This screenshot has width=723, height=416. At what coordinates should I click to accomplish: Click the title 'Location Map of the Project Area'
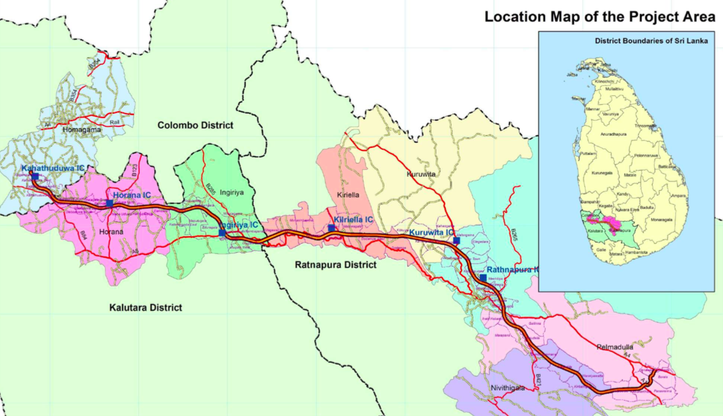coord(600,17)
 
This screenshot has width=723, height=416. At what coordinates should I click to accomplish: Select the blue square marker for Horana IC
coord(109,204)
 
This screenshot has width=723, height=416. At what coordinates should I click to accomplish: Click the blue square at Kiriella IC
coord(331,228)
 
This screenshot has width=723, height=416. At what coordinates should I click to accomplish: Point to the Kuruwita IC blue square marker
coord(456,241)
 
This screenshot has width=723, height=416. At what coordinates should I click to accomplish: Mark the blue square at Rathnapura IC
coord(483,278)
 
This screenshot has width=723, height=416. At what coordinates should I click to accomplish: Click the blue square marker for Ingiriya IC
coord(222,233)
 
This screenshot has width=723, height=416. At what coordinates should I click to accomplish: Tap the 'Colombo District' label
coord(195,125)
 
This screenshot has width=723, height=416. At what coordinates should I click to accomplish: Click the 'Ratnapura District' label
coord(336,265)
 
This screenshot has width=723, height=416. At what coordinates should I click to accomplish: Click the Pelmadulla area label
coord(615,347)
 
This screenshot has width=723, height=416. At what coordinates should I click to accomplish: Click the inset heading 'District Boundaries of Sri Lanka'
coord(651,41)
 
